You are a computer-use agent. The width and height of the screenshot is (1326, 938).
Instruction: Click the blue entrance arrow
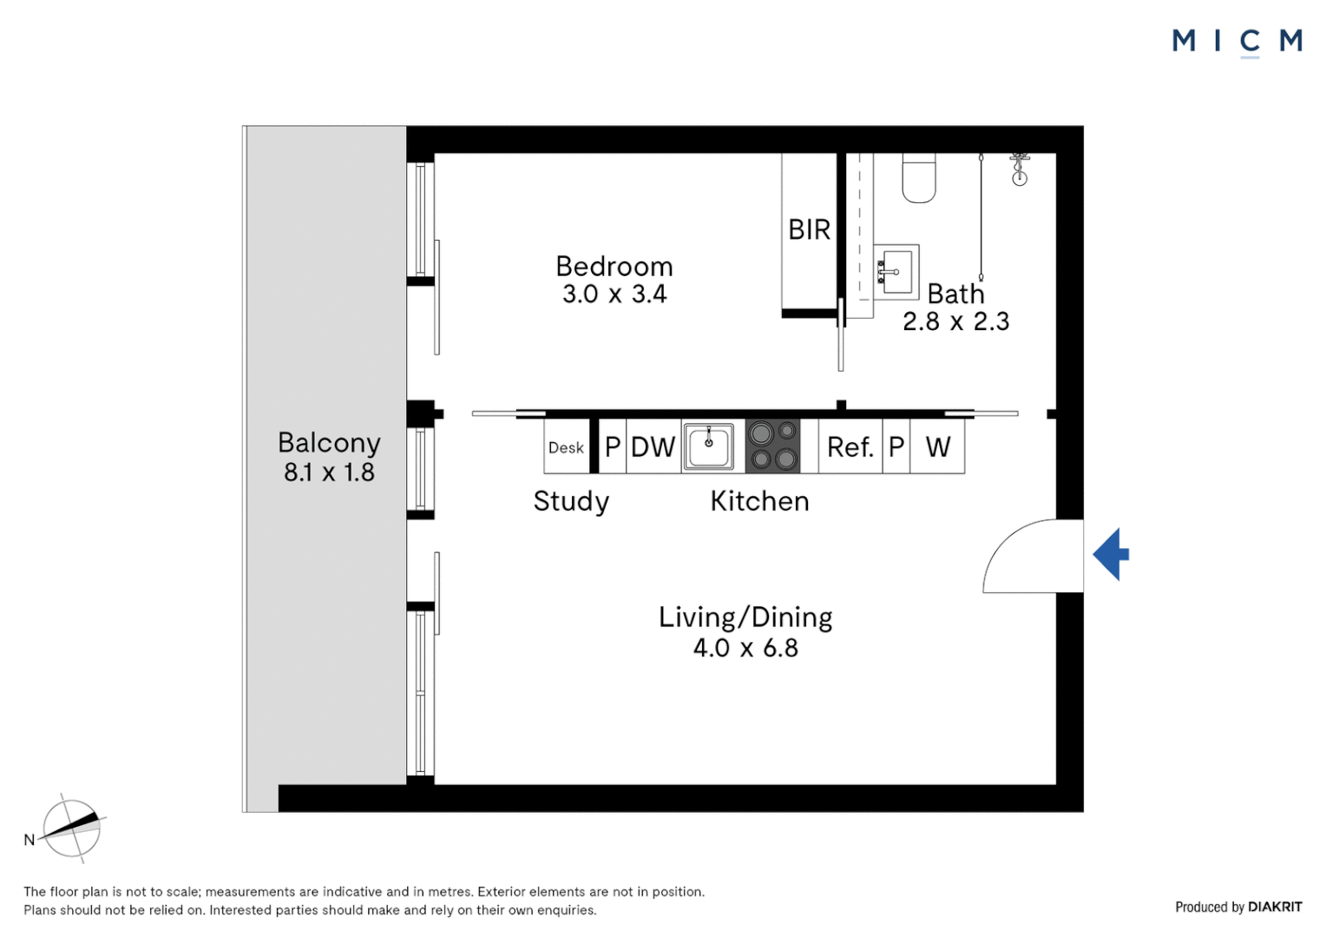point(1113,554)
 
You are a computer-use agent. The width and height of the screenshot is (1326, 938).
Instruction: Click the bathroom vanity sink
point(896,272)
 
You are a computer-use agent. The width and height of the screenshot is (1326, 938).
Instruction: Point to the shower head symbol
point(1020,169)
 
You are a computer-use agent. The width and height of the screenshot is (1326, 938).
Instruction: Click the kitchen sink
point(708,447)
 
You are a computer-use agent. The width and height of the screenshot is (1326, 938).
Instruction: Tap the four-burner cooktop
point(773,446)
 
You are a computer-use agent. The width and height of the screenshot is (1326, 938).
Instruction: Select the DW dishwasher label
point(653,447)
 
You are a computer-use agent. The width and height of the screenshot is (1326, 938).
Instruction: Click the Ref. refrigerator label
point(850,447)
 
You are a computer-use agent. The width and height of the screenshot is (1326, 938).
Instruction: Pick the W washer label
point(937,447)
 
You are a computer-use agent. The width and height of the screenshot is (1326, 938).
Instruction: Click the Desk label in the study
point(566,447)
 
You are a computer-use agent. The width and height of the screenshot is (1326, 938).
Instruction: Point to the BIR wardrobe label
point(809,230)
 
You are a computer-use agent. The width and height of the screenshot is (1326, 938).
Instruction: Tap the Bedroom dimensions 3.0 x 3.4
point(614,294)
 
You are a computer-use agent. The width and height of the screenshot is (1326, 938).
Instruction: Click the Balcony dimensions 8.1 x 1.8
point(329,472)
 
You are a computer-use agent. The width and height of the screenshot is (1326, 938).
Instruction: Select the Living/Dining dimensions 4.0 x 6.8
point(745,648)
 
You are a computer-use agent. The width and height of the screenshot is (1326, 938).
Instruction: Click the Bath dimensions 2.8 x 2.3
point(955,321)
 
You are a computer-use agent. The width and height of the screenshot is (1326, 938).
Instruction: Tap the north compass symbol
point(72,828)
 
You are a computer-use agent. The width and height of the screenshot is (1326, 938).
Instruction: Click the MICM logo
point(1237,41)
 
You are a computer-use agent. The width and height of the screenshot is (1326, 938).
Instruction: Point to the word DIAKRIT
point(1275,907)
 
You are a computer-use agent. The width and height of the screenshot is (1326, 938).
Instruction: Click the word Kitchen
point(759,501)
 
